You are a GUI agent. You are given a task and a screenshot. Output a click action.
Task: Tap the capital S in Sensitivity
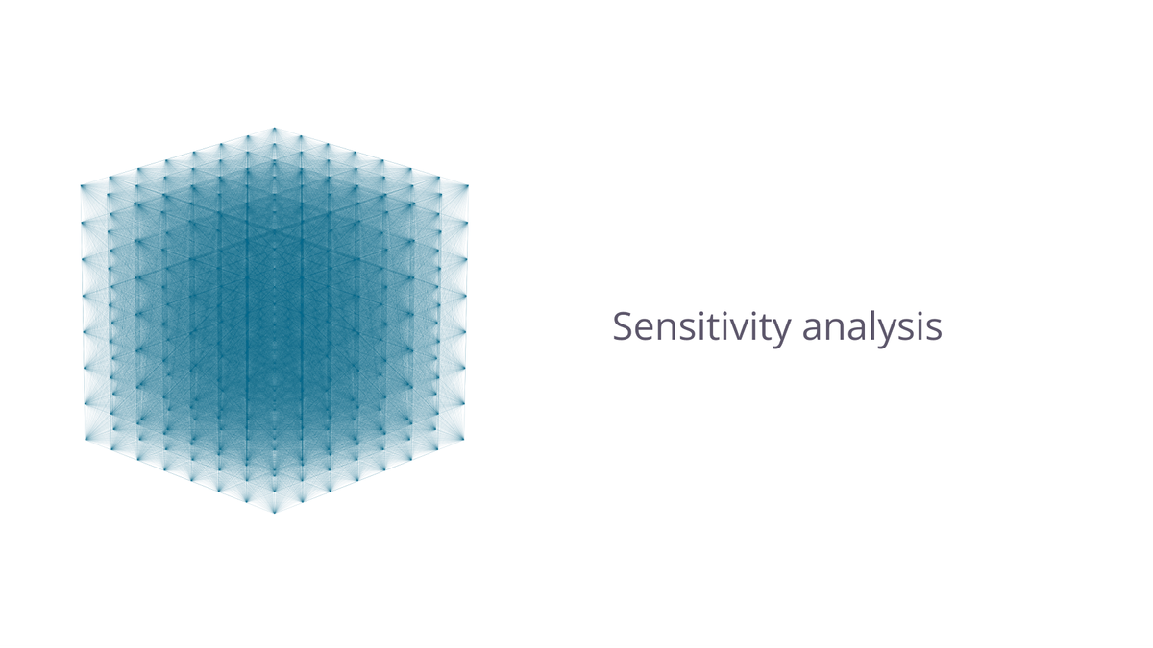pyautogui.click(x=624, y=326)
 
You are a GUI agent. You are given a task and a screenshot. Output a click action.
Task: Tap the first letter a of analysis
pyautogui.click(x=813, y=330)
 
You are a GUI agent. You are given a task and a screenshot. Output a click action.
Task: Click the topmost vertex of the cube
pyautogui.click(x=274, y=128)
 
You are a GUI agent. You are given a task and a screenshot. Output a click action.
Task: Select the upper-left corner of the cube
pyautogui.click(x=82, y=185)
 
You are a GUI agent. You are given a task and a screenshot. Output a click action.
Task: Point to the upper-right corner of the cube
pyautogui.click(x=467, y=185)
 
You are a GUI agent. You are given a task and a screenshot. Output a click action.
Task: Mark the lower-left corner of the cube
pyautogui.click(x=85, y=438)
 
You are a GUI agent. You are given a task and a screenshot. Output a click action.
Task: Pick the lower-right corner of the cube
pyautogui.click(x=465, y=438)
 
